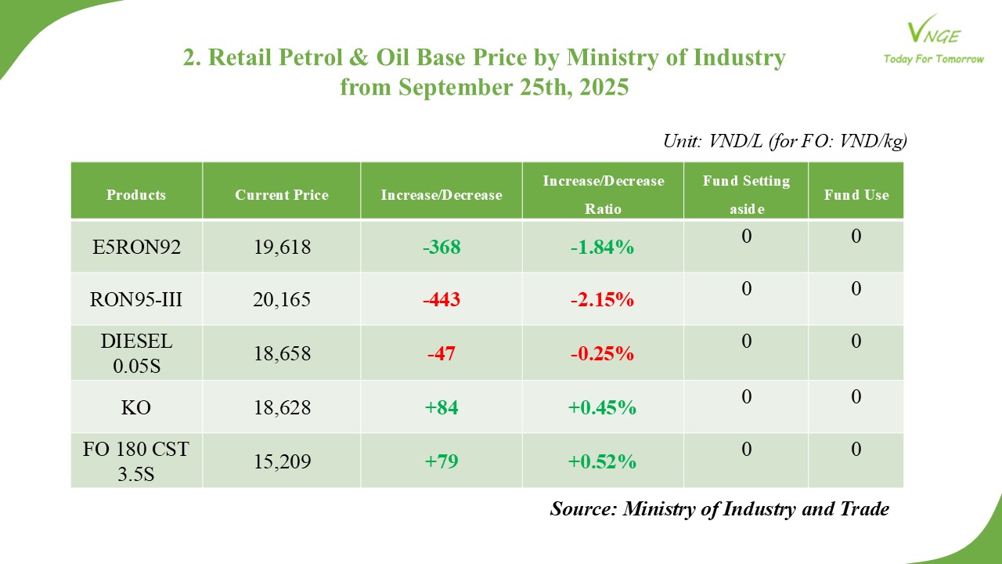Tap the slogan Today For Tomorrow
[x=933, y=59]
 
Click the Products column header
[x=136, y=195]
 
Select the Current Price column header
[x=282, y=195]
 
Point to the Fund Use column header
[x=856, y=195]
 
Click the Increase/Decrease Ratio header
[x=603, y=195]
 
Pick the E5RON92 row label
[x=136, y=248]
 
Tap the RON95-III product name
[x=136, y=299]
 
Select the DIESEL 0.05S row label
[x=136, y=353]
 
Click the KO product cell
[x=136, y=407]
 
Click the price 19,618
[x=282, y=248]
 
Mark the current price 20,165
[x=282, y=299]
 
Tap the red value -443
[x=442, y=299]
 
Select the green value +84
[x=442, y=407]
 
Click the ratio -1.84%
[x=602, y=248]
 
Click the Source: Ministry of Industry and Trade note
[x=719, y=509]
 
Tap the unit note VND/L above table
[x=784, y=141]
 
